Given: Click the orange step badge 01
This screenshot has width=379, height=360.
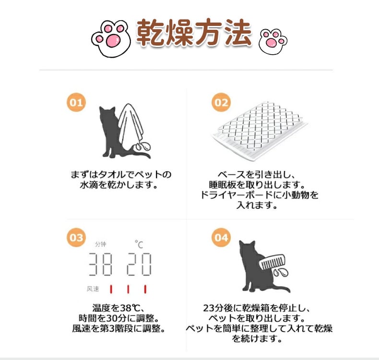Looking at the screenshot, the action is [x=76, y=102].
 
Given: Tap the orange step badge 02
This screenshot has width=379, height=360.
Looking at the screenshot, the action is [x=221, y=102].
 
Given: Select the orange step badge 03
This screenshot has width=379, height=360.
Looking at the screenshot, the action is [x=76, y=238].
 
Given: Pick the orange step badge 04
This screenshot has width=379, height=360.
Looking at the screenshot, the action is [x=221, y=238].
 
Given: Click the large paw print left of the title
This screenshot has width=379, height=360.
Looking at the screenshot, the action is [x=111, y=39].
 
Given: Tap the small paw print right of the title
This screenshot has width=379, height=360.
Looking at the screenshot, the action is [x=272, y=41].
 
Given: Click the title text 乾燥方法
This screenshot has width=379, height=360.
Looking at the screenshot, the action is [x=194, y=33].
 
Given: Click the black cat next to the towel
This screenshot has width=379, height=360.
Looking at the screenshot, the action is [x=116, y=132].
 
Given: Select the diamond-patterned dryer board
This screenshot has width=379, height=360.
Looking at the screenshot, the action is [x=260, y=131].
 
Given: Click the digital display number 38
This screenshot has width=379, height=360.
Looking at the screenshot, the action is [x=100, y=264].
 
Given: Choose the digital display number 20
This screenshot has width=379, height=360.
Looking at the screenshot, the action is [x=139, y=264].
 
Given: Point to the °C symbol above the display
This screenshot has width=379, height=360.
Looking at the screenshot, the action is [x=139, y=244].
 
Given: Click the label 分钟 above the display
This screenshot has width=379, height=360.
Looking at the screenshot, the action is [x=101, y=244].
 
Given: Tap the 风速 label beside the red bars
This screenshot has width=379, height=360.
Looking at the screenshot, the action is [x=93, y=288].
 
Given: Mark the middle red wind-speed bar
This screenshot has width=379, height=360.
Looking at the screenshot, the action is [x=128, y=289].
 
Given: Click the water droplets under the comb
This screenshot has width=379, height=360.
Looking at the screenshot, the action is [x=281, y=273].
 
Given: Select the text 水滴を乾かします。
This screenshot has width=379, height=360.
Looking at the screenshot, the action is [x=118, y=185].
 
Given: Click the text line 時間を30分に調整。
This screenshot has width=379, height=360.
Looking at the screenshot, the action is [x=118, y=318].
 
